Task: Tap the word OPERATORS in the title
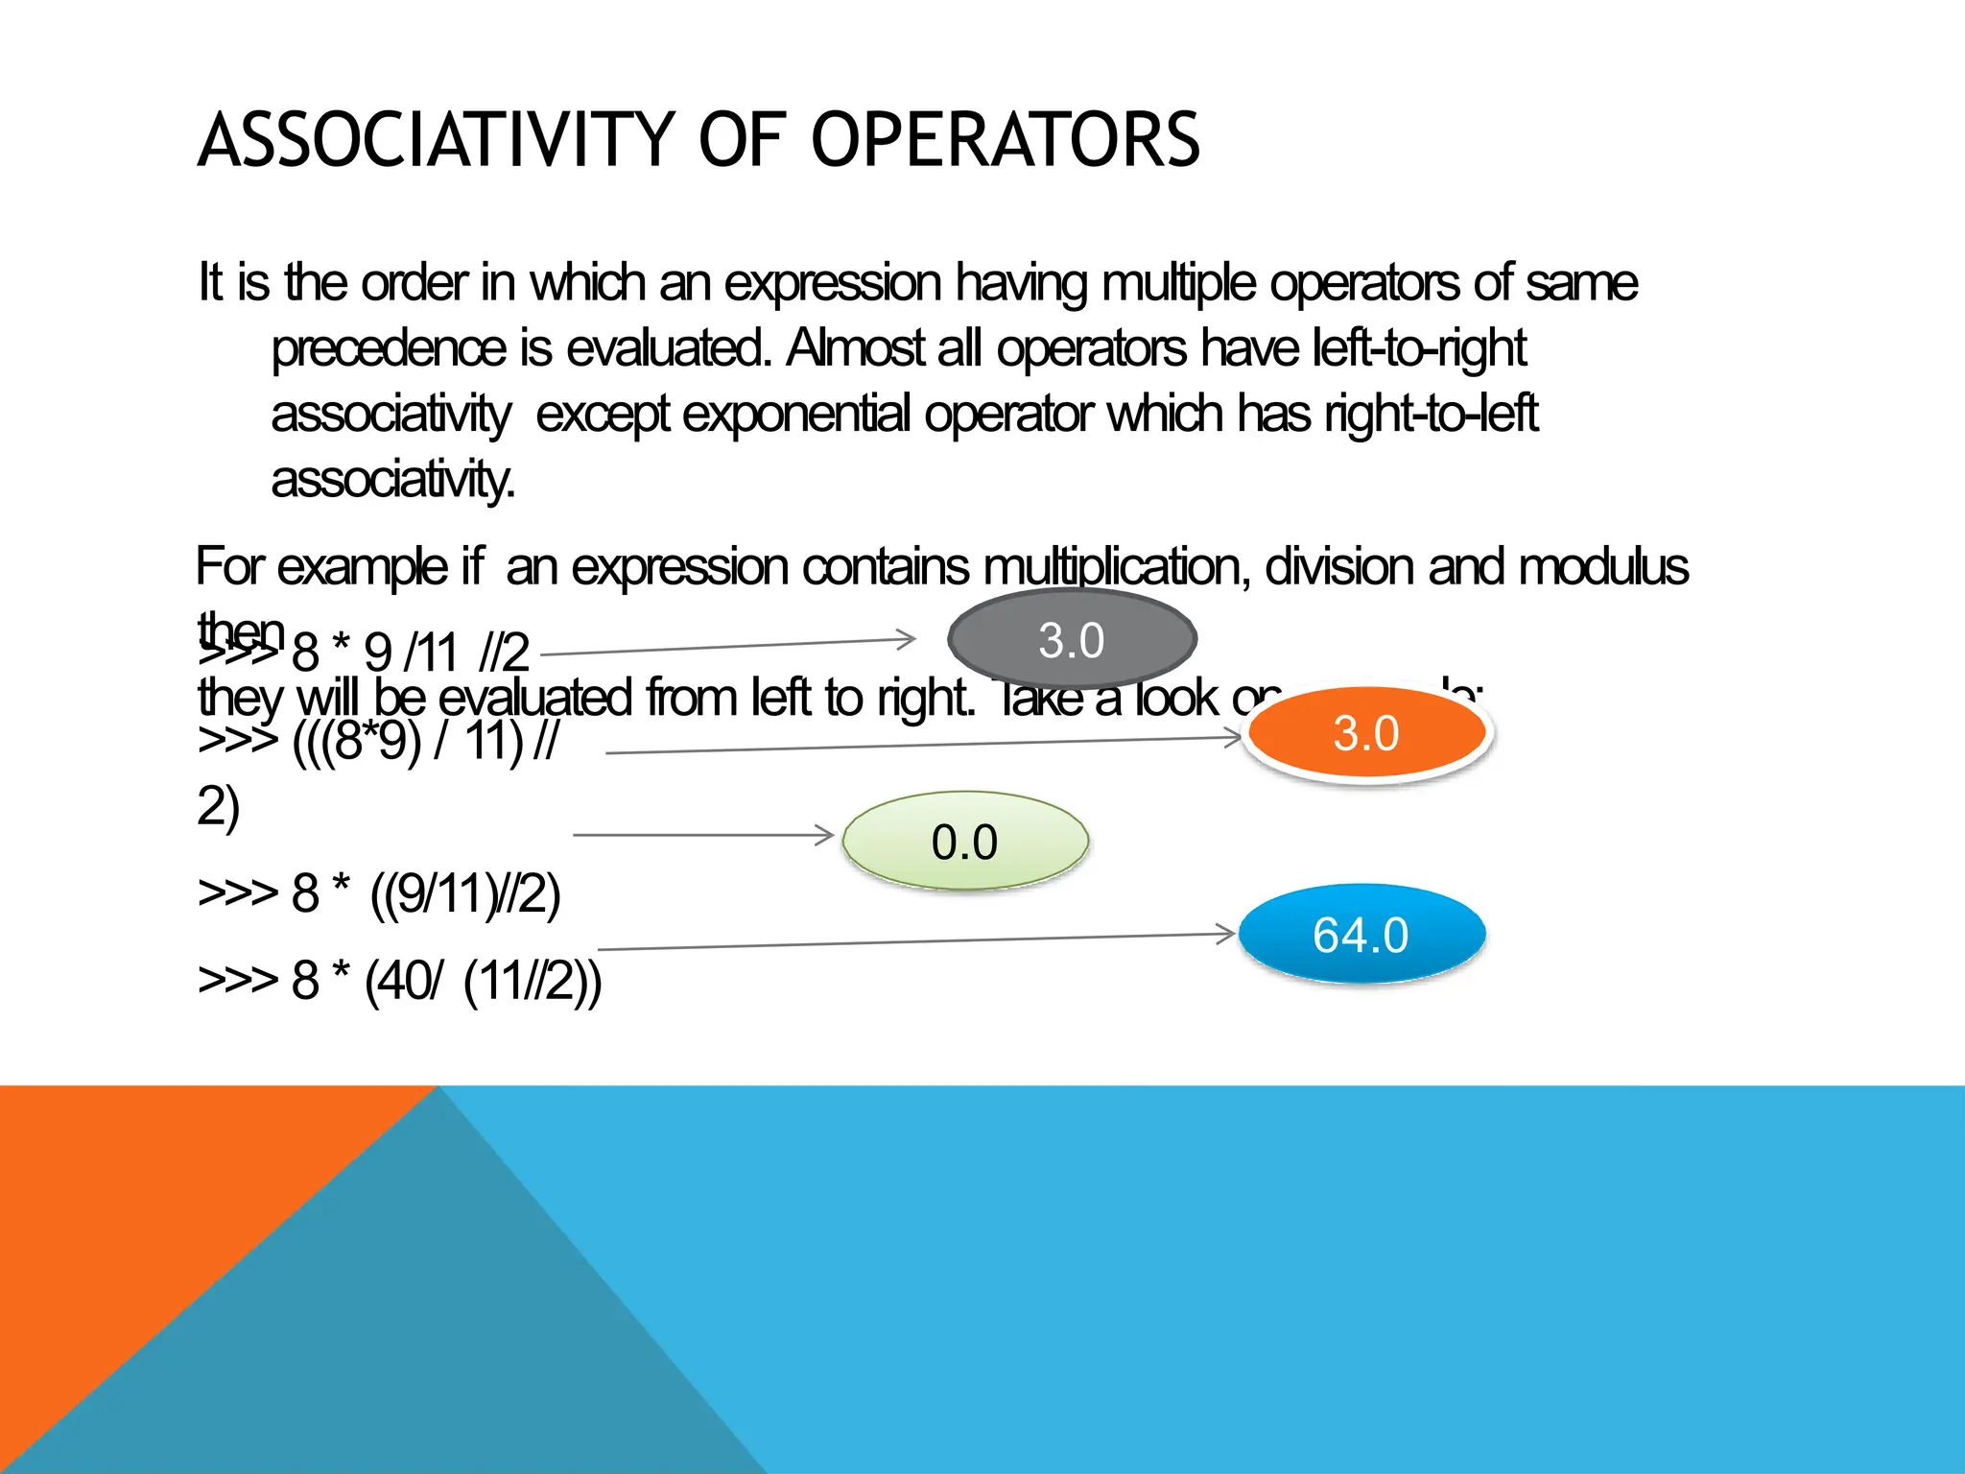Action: pos(1005,140)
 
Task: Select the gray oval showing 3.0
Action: pos(1072,639)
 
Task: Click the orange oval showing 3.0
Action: pos(1366,733)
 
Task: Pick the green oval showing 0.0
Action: pos(965,842)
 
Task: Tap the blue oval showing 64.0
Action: pos(1361,934)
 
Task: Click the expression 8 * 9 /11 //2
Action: pos(410,654)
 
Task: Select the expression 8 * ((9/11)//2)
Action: pos(426,894)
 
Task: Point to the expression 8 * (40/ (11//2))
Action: pos(446,981)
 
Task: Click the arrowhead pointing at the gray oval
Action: pos(907,638)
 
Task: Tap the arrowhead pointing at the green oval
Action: pos(824,835)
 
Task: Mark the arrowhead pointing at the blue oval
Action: pos(1225,934)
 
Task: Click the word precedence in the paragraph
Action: pos(389,348)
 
